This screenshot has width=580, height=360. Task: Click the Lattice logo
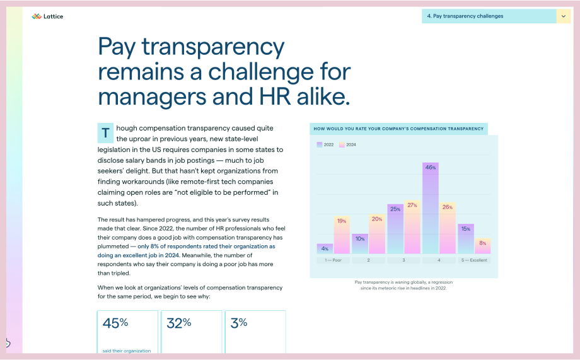(47, 16)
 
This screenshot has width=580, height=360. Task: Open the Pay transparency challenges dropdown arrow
(563, 16)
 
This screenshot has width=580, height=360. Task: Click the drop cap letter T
(105, 133)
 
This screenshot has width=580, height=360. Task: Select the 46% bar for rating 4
(430, 208)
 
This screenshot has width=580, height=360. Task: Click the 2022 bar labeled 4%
(325, 249)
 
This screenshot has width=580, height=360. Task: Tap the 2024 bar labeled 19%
(342, 235)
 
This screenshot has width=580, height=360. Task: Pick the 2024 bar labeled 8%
(483, 246)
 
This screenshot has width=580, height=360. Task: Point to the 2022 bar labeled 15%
(465, 238)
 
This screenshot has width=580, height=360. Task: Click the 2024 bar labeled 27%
(412, 227)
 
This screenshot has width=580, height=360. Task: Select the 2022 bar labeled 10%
(360, 243)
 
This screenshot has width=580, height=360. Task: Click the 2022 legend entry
(325, 145)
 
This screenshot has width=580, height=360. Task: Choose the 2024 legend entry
(348, 145)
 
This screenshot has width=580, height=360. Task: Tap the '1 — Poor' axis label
(333, 260)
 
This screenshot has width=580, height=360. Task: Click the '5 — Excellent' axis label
(474, 260)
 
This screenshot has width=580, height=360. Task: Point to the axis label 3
(403, 260)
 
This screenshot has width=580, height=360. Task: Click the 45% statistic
(115, 323)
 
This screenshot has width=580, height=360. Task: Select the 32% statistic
(179, 323)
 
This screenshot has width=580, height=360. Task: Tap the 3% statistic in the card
(238, 323)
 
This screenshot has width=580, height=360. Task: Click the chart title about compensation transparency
(398, 129)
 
